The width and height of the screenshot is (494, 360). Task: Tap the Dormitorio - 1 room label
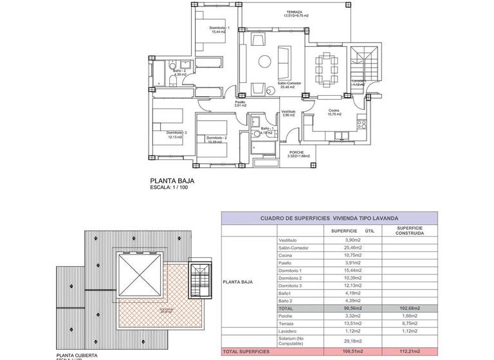pos(220,29)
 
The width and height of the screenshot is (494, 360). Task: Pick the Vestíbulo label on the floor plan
pos(288,113)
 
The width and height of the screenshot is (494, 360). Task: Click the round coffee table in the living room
pos(265,61)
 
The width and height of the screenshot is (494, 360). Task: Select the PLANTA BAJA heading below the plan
pos(172,181)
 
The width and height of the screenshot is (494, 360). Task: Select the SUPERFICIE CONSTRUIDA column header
pos(409,231)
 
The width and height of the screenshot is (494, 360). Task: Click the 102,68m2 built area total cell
pos(409,309)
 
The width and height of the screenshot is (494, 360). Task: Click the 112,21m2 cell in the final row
pos(409,352)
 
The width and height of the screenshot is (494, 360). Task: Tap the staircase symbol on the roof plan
pos(200,280)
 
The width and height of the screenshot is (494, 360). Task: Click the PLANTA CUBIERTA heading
pos(77,355)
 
